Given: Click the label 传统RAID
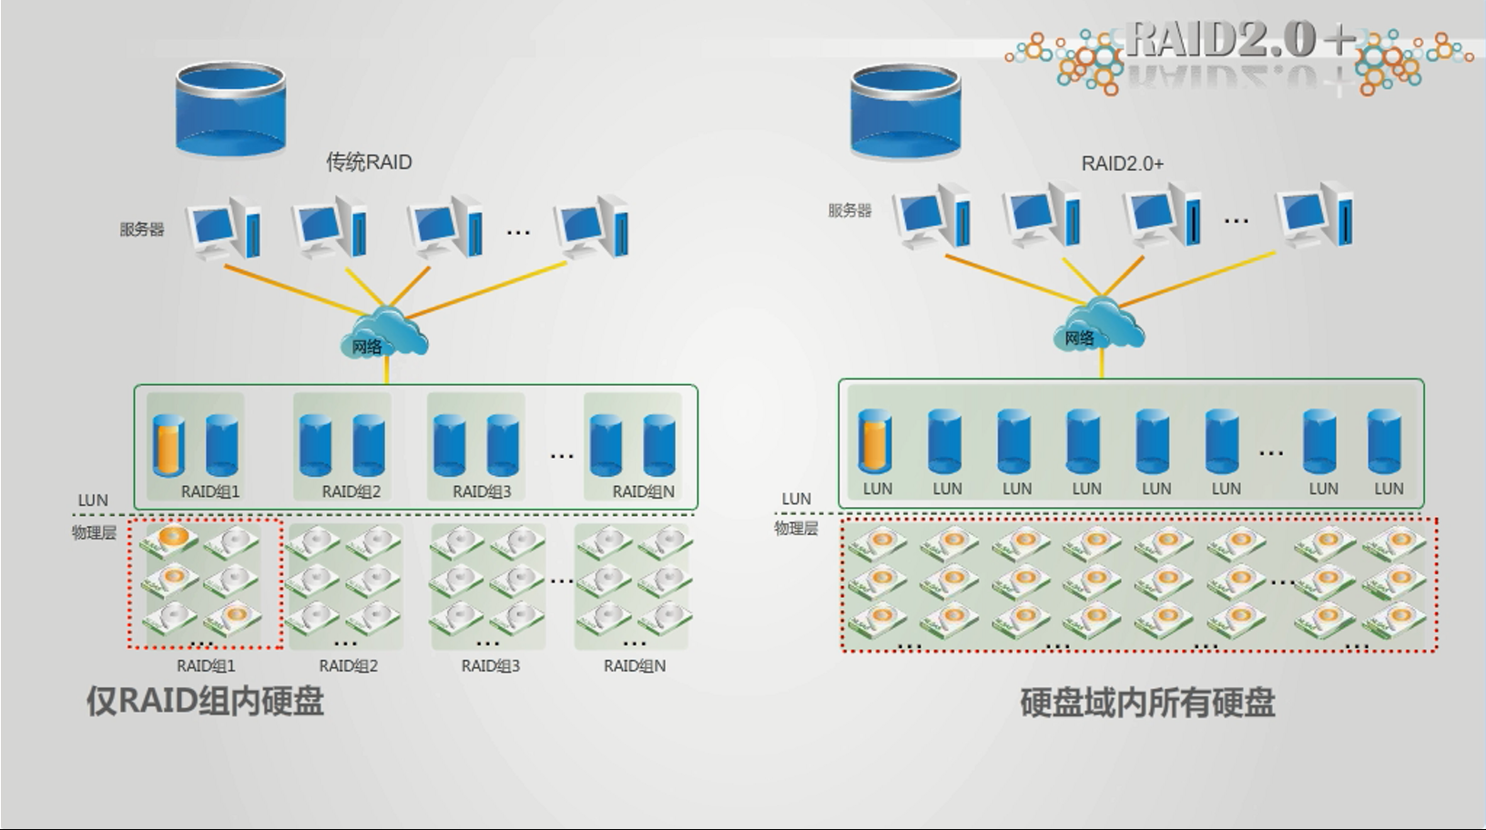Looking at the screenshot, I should [369, 162].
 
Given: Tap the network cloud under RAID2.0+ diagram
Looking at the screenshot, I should [1100, 329].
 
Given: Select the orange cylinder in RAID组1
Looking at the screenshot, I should [168, 445].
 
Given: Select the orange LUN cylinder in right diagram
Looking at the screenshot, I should [875, 441].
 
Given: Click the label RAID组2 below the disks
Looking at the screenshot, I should [348, 665].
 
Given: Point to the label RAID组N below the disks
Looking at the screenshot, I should [635, 665].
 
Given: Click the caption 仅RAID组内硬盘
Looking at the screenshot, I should [205, 701].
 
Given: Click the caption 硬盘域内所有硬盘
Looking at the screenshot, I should [1147, 703].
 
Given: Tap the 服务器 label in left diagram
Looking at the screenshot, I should [142, 229].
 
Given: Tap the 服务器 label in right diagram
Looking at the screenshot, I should [850, 210].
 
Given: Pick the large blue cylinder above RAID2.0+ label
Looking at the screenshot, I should [905, 111].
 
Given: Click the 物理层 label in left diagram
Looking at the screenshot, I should [94, 532].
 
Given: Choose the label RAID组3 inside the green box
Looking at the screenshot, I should [482, 491].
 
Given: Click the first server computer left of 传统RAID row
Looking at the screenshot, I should [223, 227].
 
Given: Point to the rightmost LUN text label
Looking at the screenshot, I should [1389, 489].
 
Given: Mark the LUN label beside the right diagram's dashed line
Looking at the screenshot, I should [796, 499].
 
